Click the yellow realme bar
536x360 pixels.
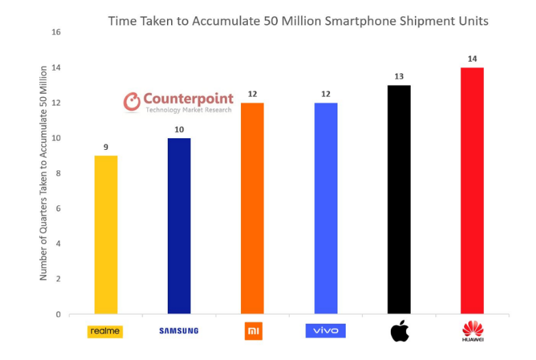(x=105, y=235)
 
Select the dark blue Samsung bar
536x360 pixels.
(x=179, y=226)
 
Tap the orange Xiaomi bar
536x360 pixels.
(x=252, y=208)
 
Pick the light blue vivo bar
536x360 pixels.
(x=326, y=208)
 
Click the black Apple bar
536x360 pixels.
(x=399, y=199)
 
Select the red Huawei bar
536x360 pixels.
(x=472, y=191)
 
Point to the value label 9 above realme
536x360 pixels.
(x=105, y=146)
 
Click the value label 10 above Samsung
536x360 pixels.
(x=179, y=129)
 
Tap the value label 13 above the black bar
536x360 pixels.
(x=399, y=76)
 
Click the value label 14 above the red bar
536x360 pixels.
(x=472, y=59)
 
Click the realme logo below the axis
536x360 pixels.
(x=105, y=331)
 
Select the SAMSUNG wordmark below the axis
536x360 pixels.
(x=179, y=331)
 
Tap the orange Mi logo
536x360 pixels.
(x=252, y=331)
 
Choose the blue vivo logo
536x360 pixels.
(x=326, y=331)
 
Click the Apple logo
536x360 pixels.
(x=399, y=331)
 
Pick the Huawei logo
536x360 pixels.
(x=472, y=332)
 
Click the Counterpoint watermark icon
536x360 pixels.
(x=131, y=103)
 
